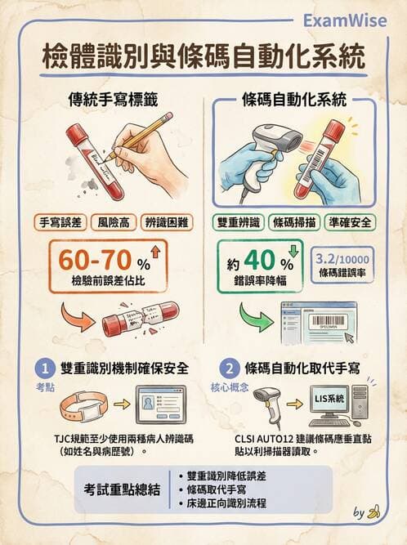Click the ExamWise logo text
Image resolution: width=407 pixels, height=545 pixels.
tap(351, 20)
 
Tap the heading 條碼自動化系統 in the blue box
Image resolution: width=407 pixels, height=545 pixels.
tap(294, 101)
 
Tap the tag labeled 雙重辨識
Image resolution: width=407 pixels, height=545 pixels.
tap(238, 221)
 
